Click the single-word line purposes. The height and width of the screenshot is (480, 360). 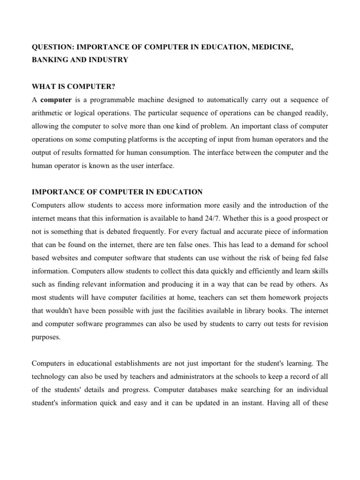pyautogui.click(x=46, y=337)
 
